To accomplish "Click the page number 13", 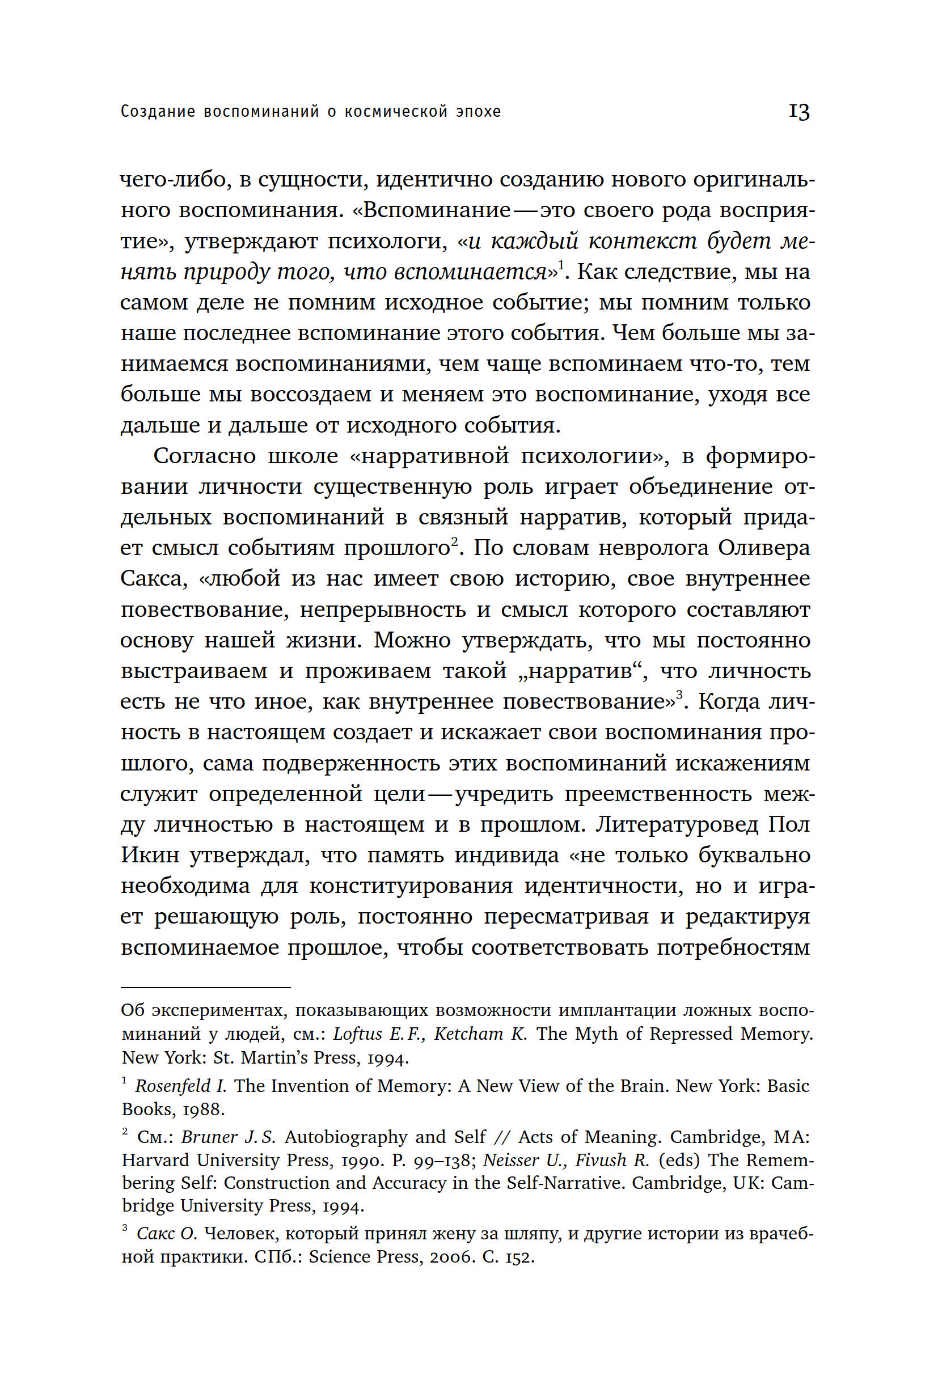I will click(x=798, y=112).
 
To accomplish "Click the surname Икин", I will click(x=150, y=856).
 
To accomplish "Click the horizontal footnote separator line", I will click(x=206, y=988).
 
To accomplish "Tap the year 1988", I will click(x=204, y=1109).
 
